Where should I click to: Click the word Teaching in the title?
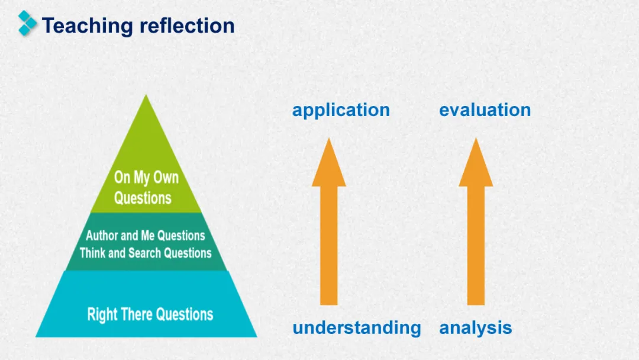coord(88,26)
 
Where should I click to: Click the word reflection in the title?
coord(187,25)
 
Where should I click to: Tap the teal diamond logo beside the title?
coord(27,23)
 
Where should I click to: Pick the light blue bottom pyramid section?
coord(146,304)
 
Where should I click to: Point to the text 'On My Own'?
coord(146,178)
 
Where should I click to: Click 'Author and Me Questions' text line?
coord(146,235)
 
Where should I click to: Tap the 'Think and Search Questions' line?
coord(146,253)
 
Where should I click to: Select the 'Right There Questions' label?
coord(150,314)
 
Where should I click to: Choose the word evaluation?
coord(485,110)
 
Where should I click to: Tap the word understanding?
coord(357,328)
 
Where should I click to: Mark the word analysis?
coord(476,328)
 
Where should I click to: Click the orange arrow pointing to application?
coord(329,221)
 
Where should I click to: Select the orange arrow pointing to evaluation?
coord(476,221)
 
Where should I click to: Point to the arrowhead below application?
coord(329,163)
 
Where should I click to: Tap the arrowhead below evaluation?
coord(476,163)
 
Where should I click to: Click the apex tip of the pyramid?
coord(146,95)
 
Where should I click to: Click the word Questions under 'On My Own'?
coord(143,198)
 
